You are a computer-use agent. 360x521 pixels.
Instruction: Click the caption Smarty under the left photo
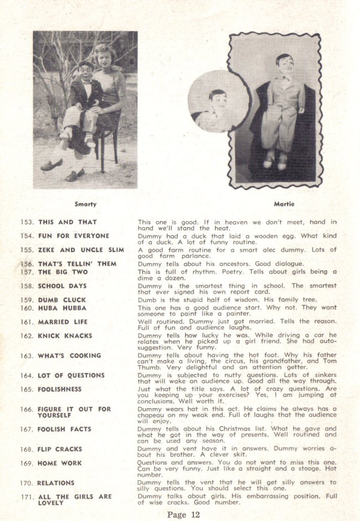85,204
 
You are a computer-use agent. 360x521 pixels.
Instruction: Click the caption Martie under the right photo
284,204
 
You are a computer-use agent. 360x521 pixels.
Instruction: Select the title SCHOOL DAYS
62,286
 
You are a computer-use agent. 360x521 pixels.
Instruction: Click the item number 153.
27,222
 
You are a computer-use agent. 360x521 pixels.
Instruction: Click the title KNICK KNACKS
65,336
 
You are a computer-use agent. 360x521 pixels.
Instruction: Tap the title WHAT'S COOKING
69,355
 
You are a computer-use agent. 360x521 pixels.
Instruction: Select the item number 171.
27,497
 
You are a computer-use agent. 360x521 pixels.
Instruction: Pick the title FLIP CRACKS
60,449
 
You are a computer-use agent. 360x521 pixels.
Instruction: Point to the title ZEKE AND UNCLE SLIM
81,250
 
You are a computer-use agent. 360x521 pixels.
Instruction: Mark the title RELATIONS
56,483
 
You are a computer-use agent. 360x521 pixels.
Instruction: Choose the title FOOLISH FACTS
64,429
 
